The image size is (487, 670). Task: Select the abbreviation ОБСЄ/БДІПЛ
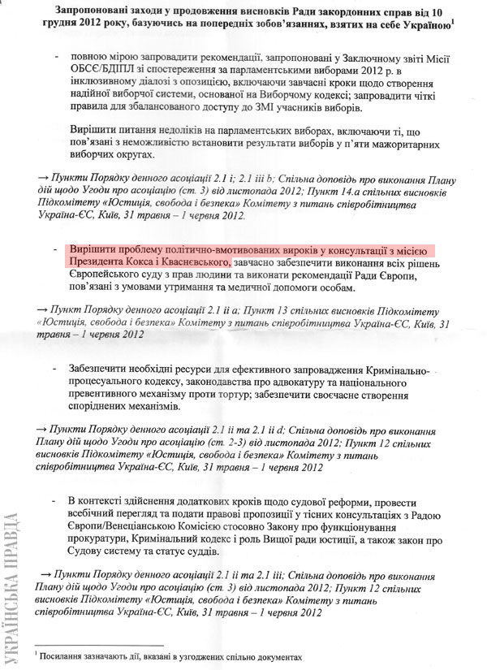pyautogui.click(x=102, y=72)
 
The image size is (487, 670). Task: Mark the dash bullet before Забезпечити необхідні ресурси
pyautogui.click(x=55, y=369)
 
